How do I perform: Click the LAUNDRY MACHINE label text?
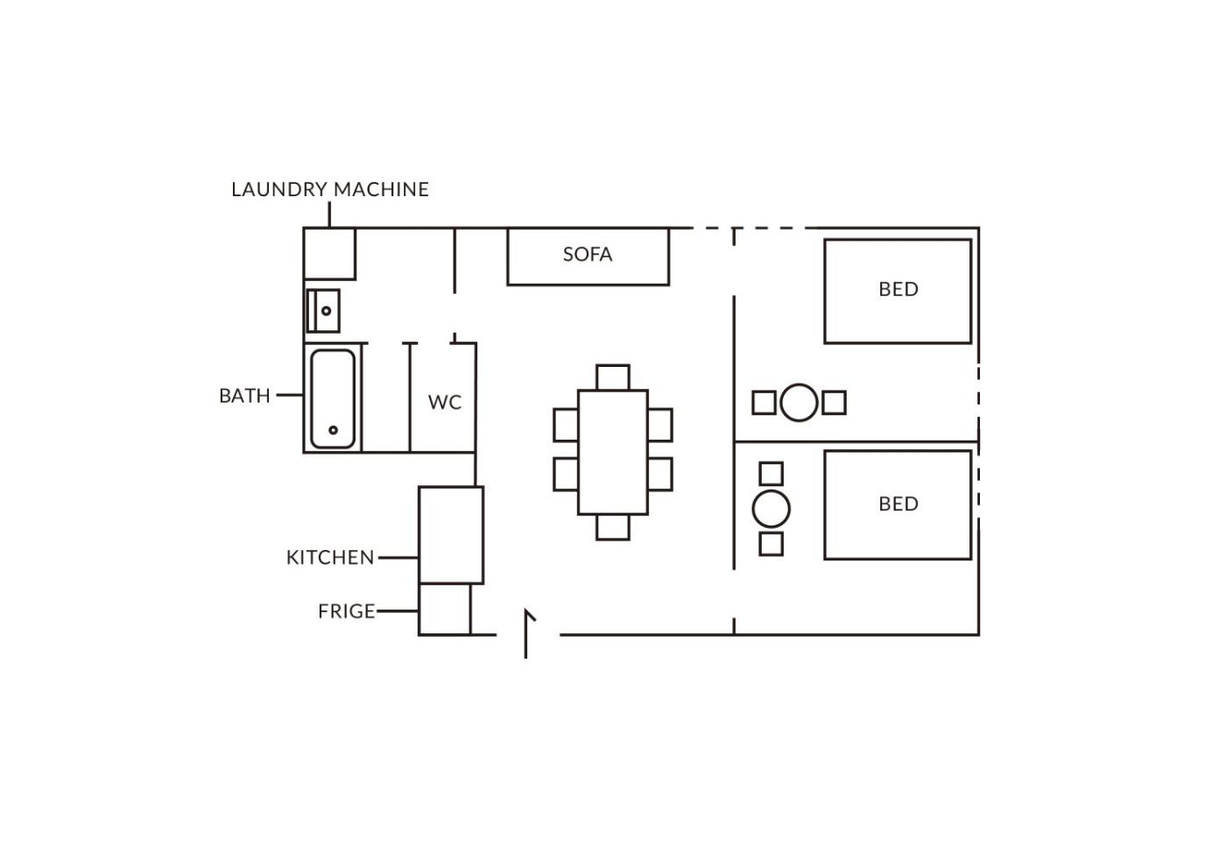[330, 189]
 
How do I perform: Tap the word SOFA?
[588, 255]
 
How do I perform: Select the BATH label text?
[244, 396]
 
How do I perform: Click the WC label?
[445, 402]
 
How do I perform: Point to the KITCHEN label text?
[330, 558]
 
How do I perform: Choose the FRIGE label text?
[347, 611]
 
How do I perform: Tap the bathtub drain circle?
[334, 430]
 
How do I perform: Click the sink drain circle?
[326, 311]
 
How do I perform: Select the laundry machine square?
[329, 254]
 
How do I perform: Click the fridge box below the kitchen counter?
[445, 610]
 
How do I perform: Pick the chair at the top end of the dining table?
[613, 377]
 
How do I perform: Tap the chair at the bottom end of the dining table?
[613, 527]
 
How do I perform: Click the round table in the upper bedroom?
[799, 402]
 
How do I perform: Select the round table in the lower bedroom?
[772, 509]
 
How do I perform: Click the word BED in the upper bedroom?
[898, 290]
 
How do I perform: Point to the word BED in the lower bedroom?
[898, 504]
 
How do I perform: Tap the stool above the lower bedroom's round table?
[772, 474]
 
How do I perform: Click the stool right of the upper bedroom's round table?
[834, 403]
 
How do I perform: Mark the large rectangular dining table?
[613, 453]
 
